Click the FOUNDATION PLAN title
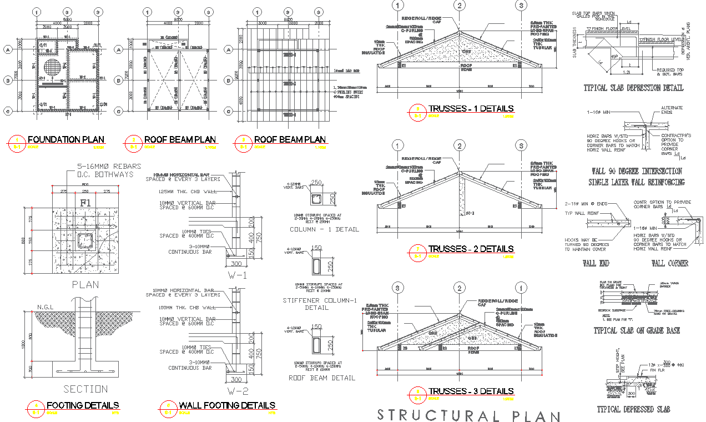pos(65,139)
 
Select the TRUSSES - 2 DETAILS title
pos(471,249)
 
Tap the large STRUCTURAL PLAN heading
pos(468,415)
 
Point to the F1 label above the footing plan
pos(85,203)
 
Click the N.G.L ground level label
pos(44,307)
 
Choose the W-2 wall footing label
pos(233,390)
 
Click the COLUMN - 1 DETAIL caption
pos(324,229)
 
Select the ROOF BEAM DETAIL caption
pos(322,378)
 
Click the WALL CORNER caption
pos(669,263)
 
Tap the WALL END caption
pos(596,263)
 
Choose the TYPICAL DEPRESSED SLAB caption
pos(633,409)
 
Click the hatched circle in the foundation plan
pos(52,68)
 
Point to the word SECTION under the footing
pos(85,389)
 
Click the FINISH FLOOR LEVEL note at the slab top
pos(611,28)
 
